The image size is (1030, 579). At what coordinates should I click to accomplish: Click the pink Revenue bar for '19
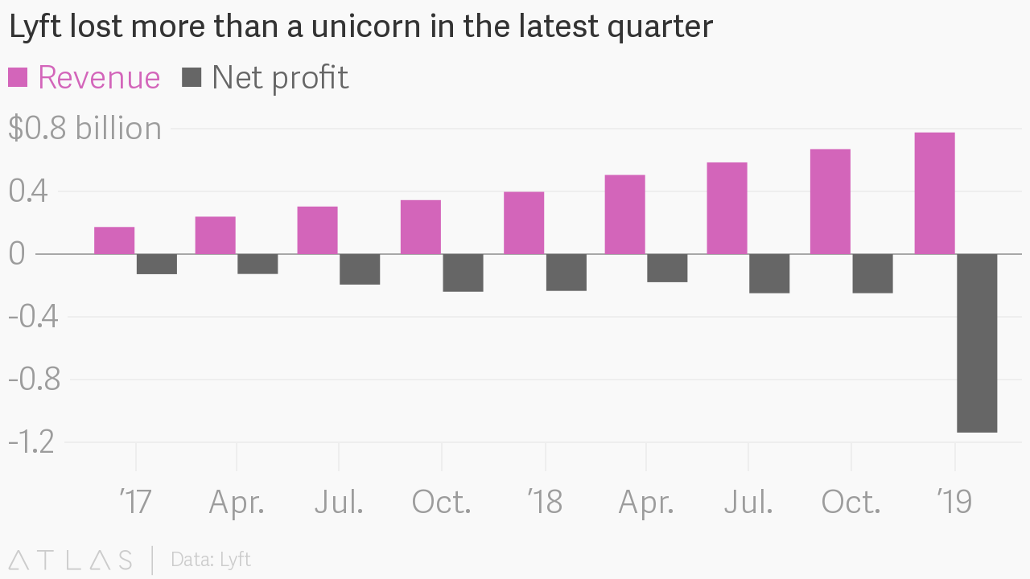tap(934, 193)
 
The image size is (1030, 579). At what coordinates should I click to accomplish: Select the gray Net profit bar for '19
tap(977, 343)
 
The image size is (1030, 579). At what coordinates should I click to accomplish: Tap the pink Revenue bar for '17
tap(114, 240)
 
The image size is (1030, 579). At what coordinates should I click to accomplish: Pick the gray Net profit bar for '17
tap(157, 265)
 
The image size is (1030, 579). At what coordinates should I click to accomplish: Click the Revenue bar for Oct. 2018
tap(830, 202)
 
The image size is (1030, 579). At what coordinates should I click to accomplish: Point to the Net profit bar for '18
tap(566, 273)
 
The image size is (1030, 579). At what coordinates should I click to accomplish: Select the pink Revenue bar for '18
tap(524, 223)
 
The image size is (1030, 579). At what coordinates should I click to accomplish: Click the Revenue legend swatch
tap(18, 78)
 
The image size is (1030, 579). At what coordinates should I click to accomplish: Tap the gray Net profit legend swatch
tap(192, 78)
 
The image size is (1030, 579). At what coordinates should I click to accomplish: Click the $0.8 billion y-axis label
tap(84, 129)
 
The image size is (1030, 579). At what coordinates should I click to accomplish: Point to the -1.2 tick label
tap(31, 441)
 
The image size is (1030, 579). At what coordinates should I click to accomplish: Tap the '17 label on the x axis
tap(135, 503)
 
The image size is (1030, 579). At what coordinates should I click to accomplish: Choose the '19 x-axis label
tap(954, 503)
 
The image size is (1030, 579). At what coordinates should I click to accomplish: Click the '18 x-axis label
tap(545, 503)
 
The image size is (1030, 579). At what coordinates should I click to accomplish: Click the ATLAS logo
tap(71, 560)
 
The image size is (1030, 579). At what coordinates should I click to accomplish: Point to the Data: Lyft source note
tap(211, 560)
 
